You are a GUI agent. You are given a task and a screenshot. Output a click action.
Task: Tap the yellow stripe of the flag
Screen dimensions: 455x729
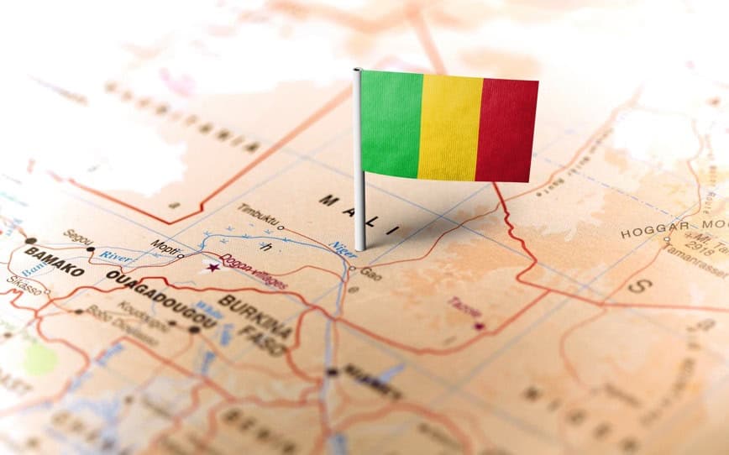(x=449, y=126)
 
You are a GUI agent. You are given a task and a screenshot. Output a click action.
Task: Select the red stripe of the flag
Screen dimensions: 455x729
(x=506, y=130)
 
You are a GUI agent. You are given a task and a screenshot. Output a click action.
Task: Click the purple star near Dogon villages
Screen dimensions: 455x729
(x=212, y=267)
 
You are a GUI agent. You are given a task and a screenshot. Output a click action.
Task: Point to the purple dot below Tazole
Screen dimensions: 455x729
(x=480, y=326)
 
